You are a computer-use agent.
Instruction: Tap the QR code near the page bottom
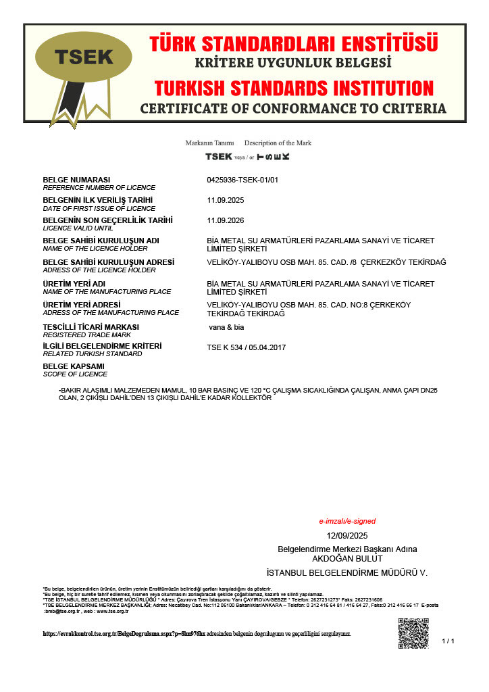click(x=413, y=633)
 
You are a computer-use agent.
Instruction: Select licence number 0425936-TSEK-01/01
click(x=242, y=180)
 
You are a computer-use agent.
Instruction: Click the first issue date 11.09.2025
click(x=226, y=200)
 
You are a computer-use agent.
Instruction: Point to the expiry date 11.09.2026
click(x=226, y=220)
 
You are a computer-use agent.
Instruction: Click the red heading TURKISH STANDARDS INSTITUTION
click(x=294, y=88)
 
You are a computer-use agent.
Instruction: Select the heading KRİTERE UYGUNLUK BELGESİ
click(x=293, y=63)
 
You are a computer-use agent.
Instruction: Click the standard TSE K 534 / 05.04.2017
click(x=247, y=347)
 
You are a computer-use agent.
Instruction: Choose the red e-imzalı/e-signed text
click(x=347, y=521)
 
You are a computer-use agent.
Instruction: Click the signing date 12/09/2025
click(x=347, y=536)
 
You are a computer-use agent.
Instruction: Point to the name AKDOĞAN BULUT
click(x=347, y=558)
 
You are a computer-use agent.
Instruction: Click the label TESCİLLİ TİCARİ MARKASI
click(x=91, y=327)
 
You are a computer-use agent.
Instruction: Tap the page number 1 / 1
click(x=448, y=641)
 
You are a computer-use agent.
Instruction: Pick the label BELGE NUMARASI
click(x=76, y=180)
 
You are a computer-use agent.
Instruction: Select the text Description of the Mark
click(x=278, y=143)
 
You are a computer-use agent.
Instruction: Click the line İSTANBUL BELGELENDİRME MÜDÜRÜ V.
click(x=347, y=572)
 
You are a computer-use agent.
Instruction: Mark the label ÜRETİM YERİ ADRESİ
click(x=86, y=305)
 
